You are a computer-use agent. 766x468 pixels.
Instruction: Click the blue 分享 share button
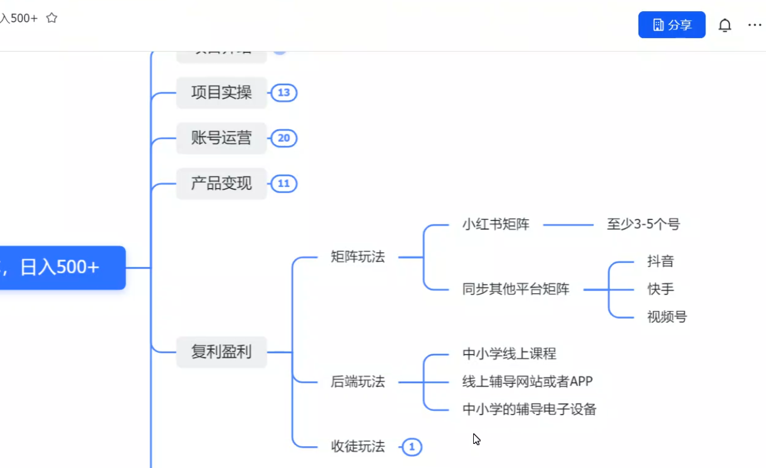pyautogui.click(x=671, y=25)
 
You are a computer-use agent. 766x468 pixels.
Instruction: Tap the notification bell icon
pyautogui.click(x=725, y=25)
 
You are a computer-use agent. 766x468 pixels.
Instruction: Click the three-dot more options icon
pyautogui.click(x=754, y=25)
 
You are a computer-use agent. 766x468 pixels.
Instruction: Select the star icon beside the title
pyautogui.click(x=52, y=18)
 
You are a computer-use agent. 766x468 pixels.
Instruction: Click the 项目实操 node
pyautogui.click(x=221, y=93)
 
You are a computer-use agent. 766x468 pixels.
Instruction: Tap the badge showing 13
pyautogui.click(x=284, y=93)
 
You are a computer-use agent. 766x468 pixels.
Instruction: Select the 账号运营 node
pyautogui.click(x=221, y=138)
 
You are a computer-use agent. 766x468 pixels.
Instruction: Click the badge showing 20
pyautogui.click(x=284, y=138)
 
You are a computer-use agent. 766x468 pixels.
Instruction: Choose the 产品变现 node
pyautogui.click(x=221, y=183)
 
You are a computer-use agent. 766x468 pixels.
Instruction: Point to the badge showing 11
pyautogui.click(x=284, y=183)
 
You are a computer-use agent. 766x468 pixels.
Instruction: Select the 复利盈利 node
pyautogui.click(x=221, y=352)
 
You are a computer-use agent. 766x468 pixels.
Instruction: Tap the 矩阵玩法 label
pyautogui.click(x=357, y=257)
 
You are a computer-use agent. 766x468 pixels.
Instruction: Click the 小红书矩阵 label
pyautogui.click(x=496, y=225)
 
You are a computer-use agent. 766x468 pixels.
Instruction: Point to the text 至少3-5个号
pyautogui.click(x=643, y=225)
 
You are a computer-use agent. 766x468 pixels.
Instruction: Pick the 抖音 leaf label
pyautogui.click(x=660, y=262)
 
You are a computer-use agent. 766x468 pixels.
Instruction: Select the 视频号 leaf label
pyautogui.click(x=667, y=317)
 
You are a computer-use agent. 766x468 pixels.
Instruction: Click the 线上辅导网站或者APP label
pyautogui.click(x=527, y=382)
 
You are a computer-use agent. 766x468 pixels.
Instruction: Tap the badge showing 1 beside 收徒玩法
pyautogui.click(x=412, y=447)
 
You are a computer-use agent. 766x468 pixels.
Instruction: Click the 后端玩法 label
pyautogui.click(x=357, y=382)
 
